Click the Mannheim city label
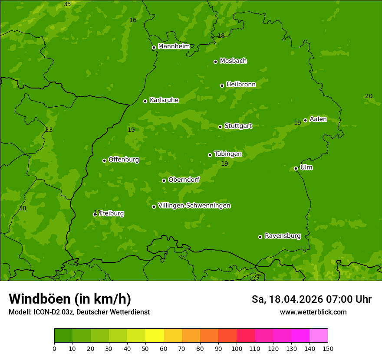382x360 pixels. [x=174, y=46]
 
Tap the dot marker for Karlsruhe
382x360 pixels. [x=145, y=101]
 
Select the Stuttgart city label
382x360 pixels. [x=238, y=126]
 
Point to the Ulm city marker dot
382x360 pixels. [x=296, y=168]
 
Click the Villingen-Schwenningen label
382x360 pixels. [x=194, y=206]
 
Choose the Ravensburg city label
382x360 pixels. [x=282, y=236]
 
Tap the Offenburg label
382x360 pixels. [x=124, y=160]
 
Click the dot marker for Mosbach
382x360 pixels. [x=215, y=62]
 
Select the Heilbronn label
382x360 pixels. [x=241, y=85]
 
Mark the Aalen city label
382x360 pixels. [x=318, y=119]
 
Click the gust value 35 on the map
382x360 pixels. [x=67, y=4]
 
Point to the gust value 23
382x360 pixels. [x=49, y=130]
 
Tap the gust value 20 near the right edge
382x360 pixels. [x=369, y=96]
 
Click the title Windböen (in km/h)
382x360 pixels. [x=70, y=299]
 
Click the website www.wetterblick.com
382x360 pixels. [x=313, y=312]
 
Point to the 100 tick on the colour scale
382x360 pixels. [x=237, y=348]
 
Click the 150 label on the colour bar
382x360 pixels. [x=328, y=348]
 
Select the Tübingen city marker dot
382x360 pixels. [x=210, y=155]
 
